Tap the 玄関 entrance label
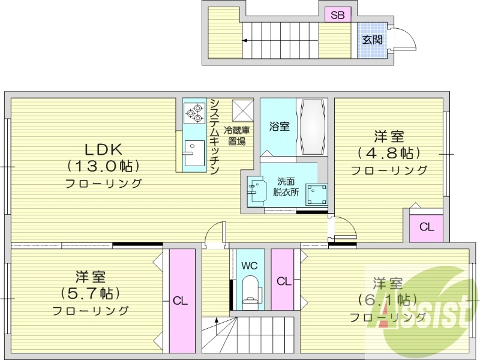point(372,40)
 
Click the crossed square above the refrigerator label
point(244,110)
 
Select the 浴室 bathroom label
point(280,127)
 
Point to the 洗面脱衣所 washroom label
point(285,187)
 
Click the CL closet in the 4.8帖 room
point(427,227)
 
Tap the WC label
point(250,265)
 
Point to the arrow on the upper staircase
point(246,41)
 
